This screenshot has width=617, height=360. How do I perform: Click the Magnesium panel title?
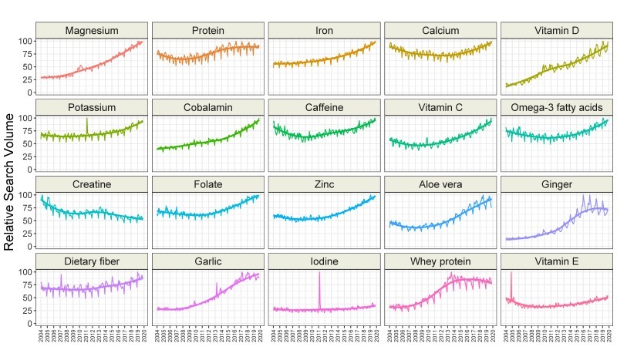pyautogui.click(x=92, y=31)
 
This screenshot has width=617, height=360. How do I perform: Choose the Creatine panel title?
pyautogui.click(x=92, y=185)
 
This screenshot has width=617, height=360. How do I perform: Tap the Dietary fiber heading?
pyautogui.click(x=92, y=262)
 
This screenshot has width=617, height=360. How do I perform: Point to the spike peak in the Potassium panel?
pyautogui.click(x=87, y=119)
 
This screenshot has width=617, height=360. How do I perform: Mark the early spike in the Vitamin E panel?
pyautogui.click(x=511, y=273)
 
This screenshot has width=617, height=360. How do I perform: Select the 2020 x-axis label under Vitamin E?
pyautogui.click(x=609, y=336)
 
